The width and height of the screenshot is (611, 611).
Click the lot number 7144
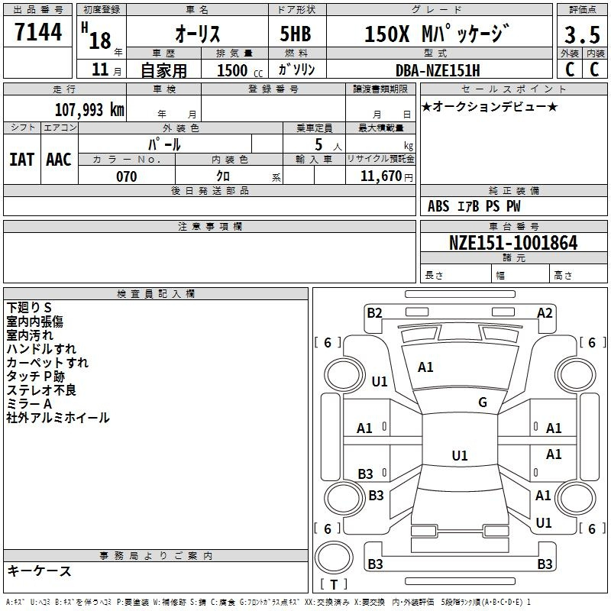point(38,32)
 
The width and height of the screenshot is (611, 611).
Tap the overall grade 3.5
point(582,34)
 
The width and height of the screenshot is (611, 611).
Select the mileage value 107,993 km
point(89,110)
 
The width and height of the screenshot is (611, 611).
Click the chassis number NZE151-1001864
point(513,243)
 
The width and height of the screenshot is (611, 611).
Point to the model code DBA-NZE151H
point(438,70)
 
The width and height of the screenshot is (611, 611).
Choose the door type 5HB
point(296,34)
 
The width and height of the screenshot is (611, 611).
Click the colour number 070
point(127,176)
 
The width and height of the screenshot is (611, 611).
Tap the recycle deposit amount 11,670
point(381,176)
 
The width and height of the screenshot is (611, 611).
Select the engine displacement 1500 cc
point(240,70)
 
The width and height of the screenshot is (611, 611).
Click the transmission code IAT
point(22,160)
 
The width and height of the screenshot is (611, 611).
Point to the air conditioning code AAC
point(59,160)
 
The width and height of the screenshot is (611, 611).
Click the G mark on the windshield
point(483,402)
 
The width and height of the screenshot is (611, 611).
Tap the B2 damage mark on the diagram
point(374,313)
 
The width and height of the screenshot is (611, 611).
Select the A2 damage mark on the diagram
point(545,313)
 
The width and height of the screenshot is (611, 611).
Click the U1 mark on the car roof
point(460,455)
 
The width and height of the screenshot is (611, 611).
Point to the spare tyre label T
point(334,584)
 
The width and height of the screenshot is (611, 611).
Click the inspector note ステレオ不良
point(41,390)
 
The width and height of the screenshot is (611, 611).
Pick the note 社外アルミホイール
point(58,418)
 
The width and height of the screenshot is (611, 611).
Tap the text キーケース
point(40,571)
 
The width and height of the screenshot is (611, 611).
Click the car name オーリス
point(198,34)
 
